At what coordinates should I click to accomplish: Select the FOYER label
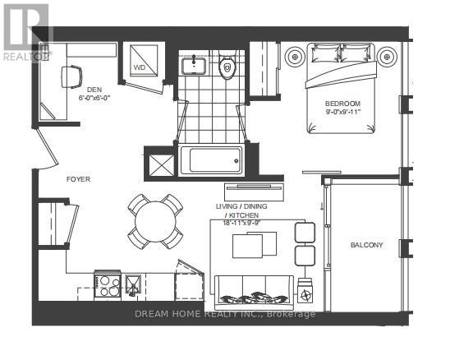pyautogui.click(x=78, y=178)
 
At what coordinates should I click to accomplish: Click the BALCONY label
pyautogui.click(x=366, y=244)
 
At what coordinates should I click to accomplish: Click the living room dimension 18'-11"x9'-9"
pyautogui.click(x=250, y=222)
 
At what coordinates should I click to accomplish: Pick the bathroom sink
pyautogui.click(x=195, y=63)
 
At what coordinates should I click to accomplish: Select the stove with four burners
pyautogui.click(x=109, y=284)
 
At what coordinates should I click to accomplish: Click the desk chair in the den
pyautogui.click(x=71, y=77)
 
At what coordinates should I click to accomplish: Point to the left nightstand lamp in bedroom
pyautogui.click(x=295, y=57)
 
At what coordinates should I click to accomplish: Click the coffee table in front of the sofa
pyautogui.click(x=250, y=247)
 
